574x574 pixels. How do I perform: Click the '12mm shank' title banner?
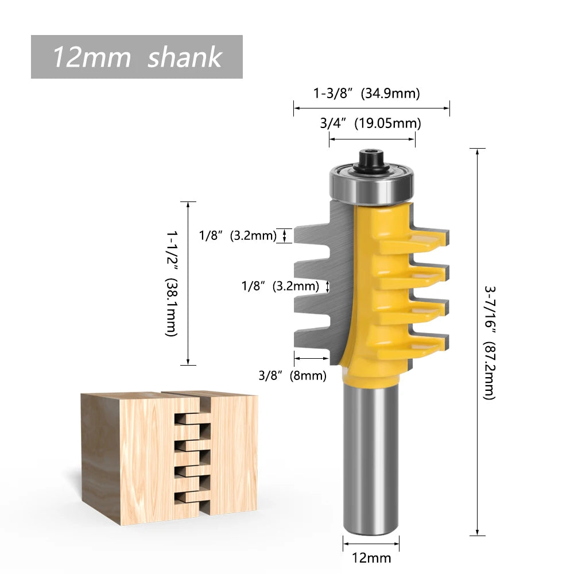pyautogui.click(x=137, y=57)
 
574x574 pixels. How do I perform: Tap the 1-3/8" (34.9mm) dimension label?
pyautogui.click(x=366, y=94)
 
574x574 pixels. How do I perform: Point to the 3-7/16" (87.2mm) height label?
pyautogui.click(x=490, y=342)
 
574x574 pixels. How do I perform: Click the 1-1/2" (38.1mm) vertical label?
pyautogui.click(x=172, y=284)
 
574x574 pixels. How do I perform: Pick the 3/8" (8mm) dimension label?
pyautogui.click(x=292, y=376)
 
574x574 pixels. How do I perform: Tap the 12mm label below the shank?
pyautogui.click(x=371, y=557)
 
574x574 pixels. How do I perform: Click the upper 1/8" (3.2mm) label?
pyautogui.click(x=238, y=235)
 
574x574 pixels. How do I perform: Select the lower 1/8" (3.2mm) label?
pyautogui.click(x=280, y=286)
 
